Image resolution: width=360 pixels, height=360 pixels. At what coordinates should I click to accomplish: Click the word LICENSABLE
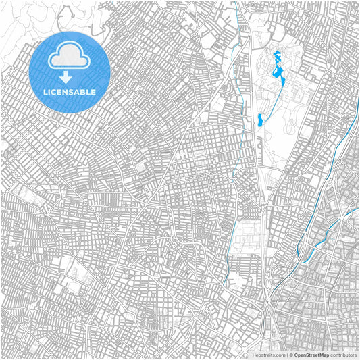tap(70, 92)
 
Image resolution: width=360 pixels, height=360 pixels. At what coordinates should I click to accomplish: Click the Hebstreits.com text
tap(268, 354)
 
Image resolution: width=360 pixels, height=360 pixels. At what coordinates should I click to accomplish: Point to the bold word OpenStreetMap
tap(311, 354)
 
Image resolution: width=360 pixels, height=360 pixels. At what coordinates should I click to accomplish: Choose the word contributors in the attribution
tap(343, 354)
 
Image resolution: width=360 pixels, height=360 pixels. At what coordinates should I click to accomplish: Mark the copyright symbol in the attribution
tap(289, 354)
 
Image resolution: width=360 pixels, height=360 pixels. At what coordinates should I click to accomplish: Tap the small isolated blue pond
tap(259, 121)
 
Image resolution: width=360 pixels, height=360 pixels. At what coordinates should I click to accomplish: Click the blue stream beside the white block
tap(230, 236)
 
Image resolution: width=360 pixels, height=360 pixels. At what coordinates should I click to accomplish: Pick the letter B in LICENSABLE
tap(83, 92)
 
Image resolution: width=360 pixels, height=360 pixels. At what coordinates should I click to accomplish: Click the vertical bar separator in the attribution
tap(286, 354)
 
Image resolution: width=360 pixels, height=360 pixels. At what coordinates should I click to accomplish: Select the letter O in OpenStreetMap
tap(294, 354)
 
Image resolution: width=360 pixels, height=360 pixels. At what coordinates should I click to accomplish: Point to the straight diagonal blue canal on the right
tap(341, 149)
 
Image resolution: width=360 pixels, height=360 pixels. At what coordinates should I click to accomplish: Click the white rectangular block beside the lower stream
tap(245, 236)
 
